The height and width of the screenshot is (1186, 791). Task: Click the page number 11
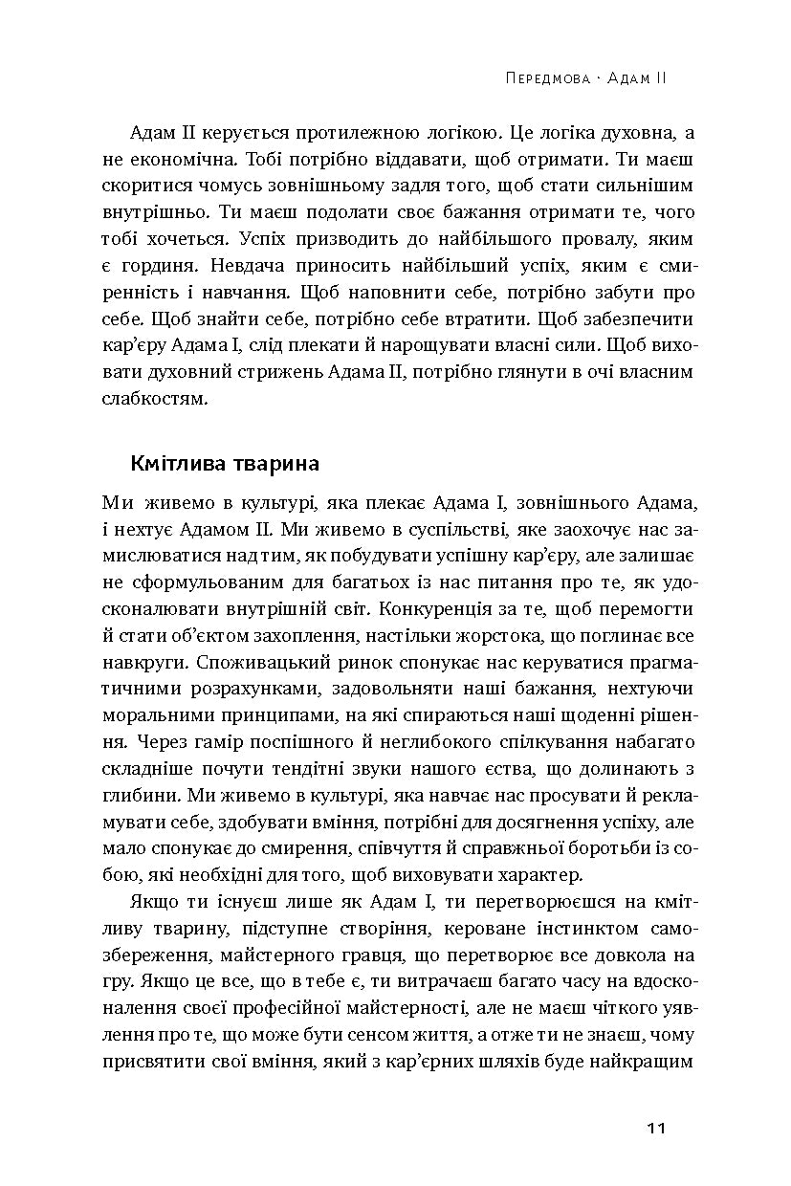pyautogui.click(x=655, y=1129)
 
